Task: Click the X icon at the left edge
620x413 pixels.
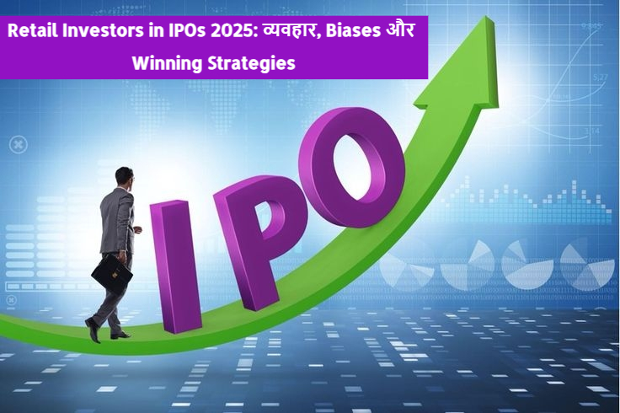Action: tap(18, 145)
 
